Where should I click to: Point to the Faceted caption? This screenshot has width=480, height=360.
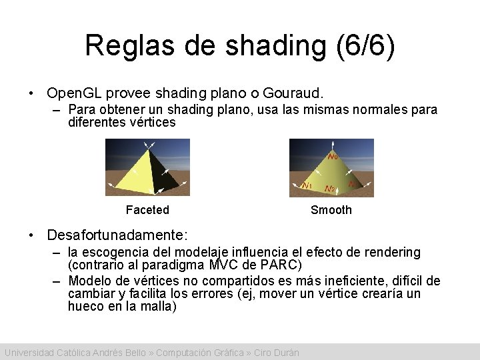pos(147,210)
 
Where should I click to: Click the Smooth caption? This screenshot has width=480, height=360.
pos(331,210)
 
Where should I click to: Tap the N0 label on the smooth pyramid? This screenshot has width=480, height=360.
pos(333,157)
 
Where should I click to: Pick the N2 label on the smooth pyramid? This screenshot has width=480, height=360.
pos(329,189)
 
